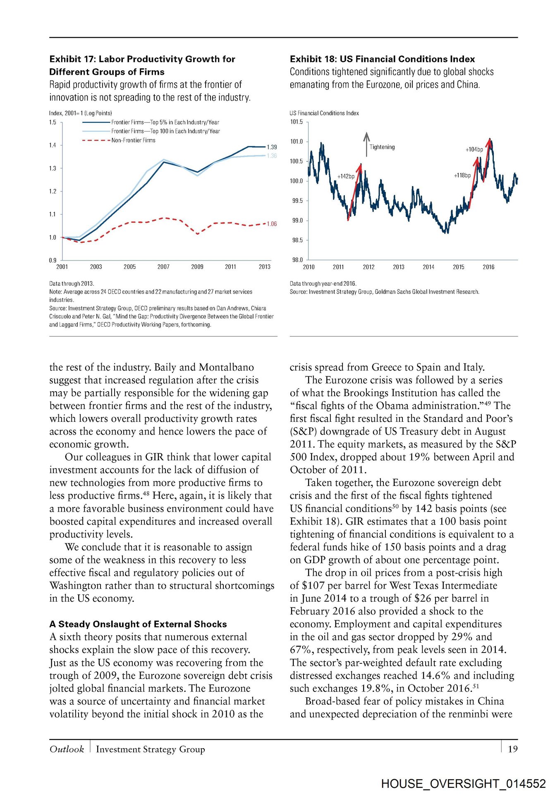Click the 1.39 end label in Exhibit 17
coord(272,147)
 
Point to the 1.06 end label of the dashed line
coord(272,224)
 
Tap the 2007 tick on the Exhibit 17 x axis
coord(163,267)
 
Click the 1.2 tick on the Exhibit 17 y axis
coord(53,191)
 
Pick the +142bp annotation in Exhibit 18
coord(346,177)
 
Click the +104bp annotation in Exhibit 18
coord(474,150)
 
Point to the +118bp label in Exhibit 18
coord(462,176)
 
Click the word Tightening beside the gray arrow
coord(382,147)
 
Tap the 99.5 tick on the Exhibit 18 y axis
coord(297,201)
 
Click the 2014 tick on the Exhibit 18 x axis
coord(428,267)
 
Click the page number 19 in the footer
coord(513,749)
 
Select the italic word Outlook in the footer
coord(67,749)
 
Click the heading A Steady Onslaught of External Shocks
coord(138,624)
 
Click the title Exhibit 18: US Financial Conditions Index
coord(382,59)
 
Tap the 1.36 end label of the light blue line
coord(272,156)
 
